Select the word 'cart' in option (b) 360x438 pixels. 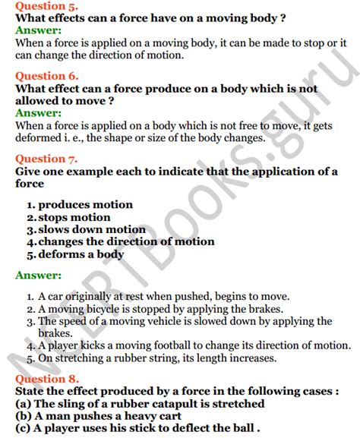coord(172,418)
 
